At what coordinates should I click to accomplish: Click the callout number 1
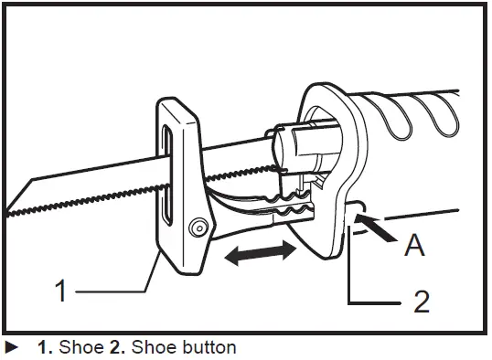click(x=60, y=292)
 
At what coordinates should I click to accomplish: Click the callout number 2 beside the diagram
click(x=421, y=301)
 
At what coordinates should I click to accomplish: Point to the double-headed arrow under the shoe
click(x=261, y=254)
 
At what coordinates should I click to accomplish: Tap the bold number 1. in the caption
click(x=44, y=347)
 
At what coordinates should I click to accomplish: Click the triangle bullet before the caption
click(x=10, y=347)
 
